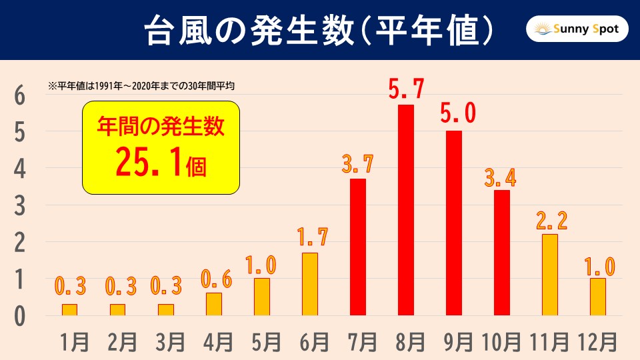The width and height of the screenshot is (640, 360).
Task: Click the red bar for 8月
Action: (405, 210)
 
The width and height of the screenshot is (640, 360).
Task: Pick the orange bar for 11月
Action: (549, 275)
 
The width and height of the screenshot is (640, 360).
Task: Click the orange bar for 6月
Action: (309, 284)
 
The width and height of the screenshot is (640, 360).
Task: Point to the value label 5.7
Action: (405, 87)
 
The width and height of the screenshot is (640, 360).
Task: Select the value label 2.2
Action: (549, 220)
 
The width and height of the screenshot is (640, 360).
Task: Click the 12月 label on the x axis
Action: (597, 342)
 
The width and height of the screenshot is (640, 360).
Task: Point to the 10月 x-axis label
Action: (501, 342)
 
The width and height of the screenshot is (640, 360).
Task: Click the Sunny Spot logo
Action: (577, 30)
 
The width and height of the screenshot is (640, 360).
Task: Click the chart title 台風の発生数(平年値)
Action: (320, 30)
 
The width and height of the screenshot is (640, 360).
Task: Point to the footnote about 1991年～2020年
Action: (142, 86)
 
